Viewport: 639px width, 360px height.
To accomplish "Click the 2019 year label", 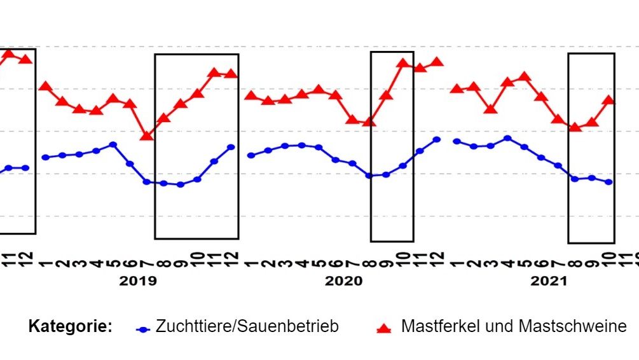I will click(x=138, y=281).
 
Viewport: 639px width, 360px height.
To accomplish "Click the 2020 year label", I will click(x=343, y=281).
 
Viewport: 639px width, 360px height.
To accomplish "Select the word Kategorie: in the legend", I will click(x=71, y=327).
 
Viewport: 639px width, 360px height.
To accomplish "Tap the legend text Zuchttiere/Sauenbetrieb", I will click(x=247, y=327).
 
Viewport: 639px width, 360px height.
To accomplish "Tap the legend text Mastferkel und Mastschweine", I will click(x=514, y=327).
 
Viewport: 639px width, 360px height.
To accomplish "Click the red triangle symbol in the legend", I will click(x=383, y=328).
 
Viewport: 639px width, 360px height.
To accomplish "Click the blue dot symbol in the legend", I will click(x=143, y=329).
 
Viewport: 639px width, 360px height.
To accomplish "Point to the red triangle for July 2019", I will click(x=147, y=135).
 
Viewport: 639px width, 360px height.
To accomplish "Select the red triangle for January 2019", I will click(x=45, y=87).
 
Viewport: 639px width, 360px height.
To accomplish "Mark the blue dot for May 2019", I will click(x=113, y=144).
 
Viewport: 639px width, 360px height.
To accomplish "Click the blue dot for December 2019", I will click(x=231, y=147).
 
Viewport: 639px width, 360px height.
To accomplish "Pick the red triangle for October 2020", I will click(x=402, y=63).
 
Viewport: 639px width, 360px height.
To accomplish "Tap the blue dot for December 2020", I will click(x=437, y=139).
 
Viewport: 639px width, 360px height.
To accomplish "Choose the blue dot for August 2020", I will click(x=369, y=176).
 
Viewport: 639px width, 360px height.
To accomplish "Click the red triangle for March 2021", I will click(x=490, y=109).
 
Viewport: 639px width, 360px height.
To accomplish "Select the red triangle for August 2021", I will click(x=575, y=127).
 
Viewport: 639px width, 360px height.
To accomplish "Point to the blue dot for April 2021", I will click(x=507, y=138).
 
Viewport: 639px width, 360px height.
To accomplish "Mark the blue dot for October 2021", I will click(x=609, y=182).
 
